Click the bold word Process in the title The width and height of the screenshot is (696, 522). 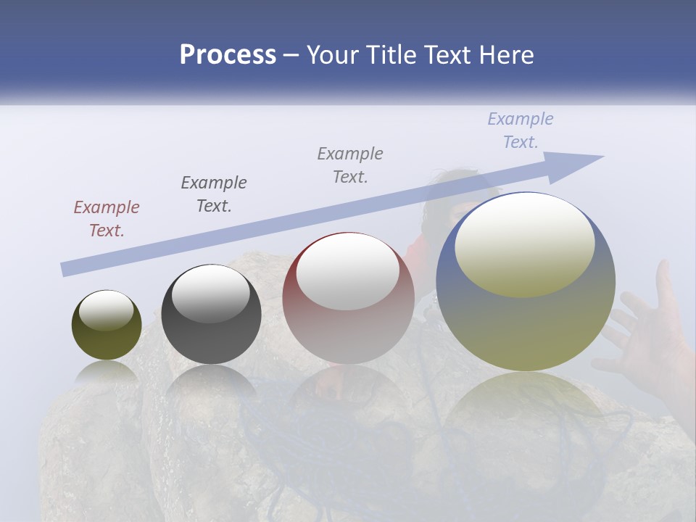pyautogui.click(x=228, y=55)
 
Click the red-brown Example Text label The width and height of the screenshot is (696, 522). pyautogui.click(x=106, y=219)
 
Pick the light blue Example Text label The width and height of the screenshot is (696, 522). pyautogui.click(x=520, y=130)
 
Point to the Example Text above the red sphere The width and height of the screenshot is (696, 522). pyautogui.click(x=350, y=165)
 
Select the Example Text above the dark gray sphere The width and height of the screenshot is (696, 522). pyautogui.click(x=213, y=194)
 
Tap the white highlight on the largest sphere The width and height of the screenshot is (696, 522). pyautogui.click(x=524, y=243)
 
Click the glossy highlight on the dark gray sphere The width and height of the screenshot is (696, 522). pyautogui.click(x=210, y=294)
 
